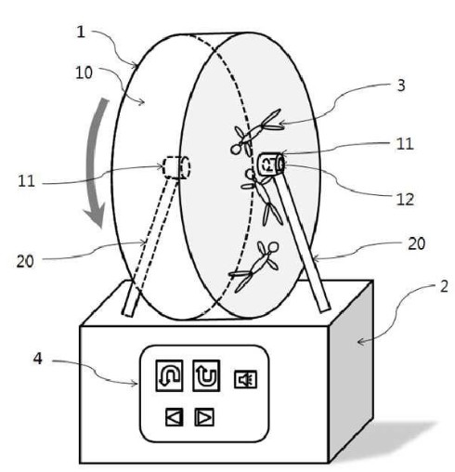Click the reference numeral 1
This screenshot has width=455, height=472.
[x=81, y=33]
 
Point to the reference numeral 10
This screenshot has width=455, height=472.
[x=84, y=72]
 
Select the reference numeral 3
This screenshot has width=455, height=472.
[x=401, y=85]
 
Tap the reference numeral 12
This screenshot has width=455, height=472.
[x=405, y=200]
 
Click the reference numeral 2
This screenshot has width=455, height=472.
[x=444, y=286]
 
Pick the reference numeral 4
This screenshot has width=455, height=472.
[x=38, y=359]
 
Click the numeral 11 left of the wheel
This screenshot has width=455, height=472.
[x=26, y=181]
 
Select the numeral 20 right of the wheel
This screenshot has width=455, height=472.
[x=416, y=243]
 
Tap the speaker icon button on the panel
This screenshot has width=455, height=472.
[x=245, y=379]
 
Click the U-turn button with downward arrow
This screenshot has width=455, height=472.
[x=169, y=375]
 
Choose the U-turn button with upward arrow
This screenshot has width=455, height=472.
[x=206, y=375]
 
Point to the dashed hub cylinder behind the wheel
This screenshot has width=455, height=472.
[x=176, y=167]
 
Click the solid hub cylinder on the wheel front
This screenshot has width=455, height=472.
[x=271, y=164]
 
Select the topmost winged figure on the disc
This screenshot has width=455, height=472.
[x=256, y=132]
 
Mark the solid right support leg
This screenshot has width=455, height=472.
[x=301, y=242]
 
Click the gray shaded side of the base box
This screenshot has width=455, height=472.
[x=351, y=370]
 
